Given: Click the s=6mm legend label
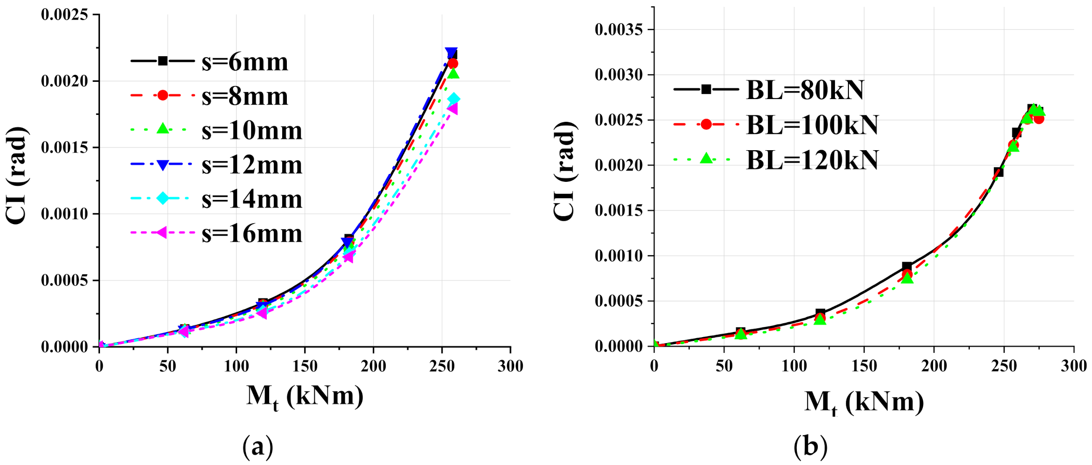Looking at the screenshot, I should (245, 62).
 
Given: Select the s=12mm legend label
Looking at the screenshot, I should (252, 165).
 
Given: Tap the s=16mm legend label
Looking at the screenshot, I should (252, 233).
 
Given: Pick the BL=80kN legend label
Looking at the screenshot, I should (805, 90).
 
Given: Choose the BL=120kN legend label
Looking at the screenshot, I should (812, 160).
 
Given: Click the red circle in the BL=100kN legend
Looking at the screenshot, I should (706, 124).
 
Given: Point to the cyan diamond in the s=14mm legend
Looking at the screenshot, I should (163, 198).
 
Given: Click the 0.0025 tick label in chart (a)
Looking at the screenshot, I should (64, 15).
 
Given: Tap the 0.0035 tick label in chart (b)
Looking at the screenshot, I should (619, 30).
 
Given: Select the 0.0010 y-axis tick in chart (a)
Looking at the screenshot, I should (64, 214).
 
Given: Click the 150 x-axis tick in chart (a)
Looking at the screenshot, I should (304, 366).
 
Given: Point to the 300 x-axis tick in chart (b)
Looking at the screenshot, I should (1073, 366).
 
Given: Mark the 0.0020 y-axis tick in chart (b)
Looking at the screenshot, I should (619, 166).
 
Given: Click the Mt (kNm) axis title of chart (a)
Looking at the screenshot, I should (304, 398).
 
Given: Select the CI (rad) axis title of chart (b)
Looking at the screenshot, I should (565, 171).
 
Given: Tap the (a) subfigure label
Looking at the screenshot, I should (258, 447).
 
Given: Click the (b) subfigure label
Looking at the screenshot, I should (810, 447).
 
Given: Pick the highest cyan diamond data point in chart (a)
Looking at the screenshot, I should (454, 99).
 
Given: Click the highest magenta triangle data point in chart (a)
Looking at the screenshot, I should (452, 109).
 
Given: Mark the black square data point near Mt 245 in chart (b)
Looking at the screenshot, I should (998, 173).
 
